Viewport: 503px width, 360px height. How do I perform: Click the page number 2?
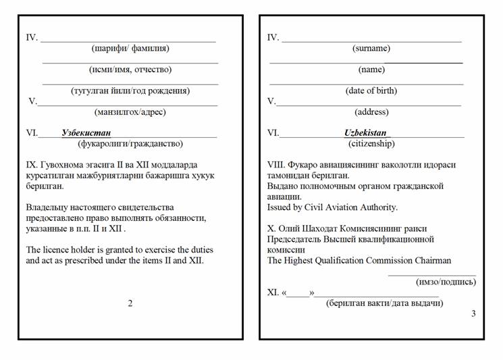[x=130, y=303]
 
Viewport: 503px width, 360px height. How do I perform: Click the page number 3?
[x=473, y=313]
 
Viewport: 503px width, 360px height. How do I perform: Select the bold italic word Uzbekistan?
[x=365, y=133]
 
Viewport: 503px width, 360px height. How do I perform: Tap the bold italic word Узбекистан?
[x=86, y=133]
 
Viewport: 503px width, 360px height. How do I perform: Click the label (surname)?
[x=371, y=49]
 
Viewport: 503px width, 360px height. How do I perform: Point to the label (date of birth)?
[x=371, y=91]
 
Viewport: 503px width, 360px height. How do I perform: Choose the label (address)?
[x=371, y=112]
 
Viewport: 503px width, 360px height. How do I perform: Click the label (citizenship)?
[x=371, y=144]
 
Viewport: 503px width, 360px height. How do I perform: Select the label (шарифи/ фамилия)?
[x=130, y=49]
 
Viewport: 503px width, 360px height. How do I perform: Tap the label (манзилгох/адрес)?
[x=130, y=112]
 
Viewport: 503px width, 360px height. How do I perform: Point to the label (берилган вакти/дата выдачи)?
[x=385, y=303]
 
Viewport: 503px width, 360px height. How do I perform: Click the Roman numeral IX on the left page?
[x=32, y=165]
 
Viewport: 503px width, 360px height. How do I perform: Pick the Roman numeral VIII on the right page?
[x=276, y=165]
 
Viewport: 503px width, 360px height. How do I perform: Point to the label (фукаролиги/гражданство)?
[x=130, y=144]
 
